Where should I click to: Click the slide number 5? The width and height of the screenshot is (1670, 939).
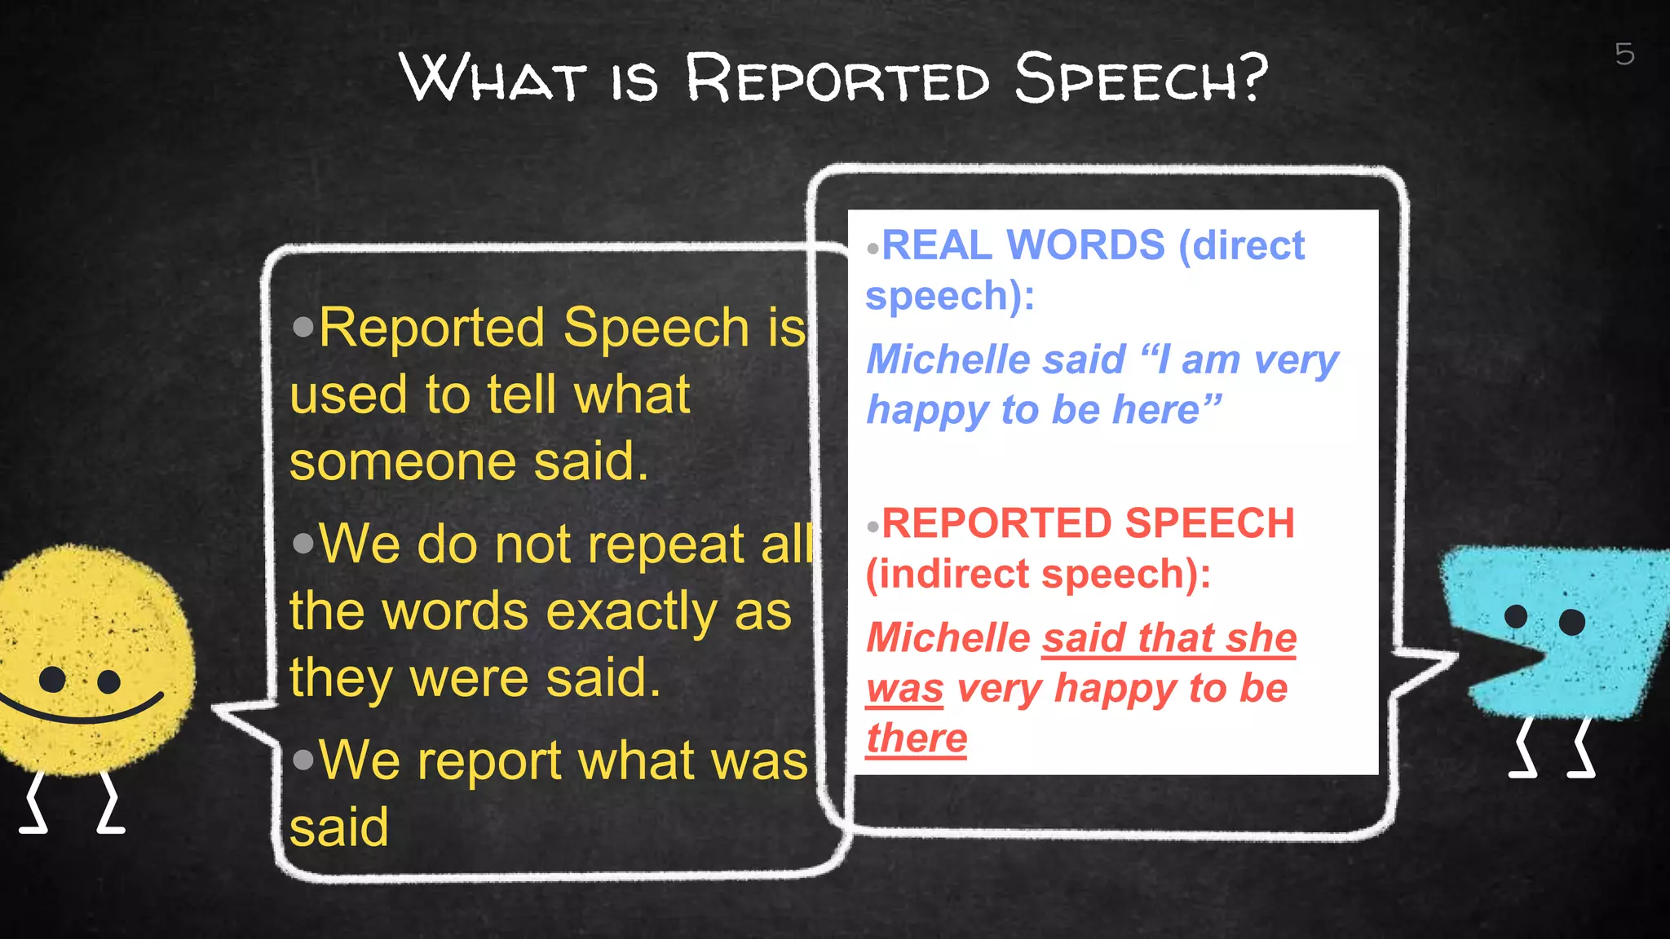click(x=1624, y=54)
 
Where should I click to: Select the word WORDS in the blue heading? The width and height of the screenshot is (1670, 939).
click(x=1086, y=245)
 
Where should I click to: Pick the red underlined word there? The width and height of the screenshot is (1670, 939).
click(x=917, y=738)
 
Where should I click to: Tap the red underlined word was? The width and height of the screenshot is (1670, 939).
click(x=905, y=689)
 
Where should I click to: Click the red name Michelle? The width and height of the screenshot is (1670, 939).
click(x=948, y=637)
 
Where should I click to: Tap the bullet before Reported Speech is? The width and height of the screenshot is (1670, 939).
click(x=303, y=328)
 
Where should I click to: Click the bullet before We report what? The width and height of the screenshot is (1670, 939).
click(x=303, y=760)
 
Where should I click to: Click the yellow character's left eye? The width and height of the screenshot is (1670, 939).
click(x=52, y=678)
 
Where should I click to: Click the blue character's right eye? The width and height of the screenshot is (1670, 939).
click(x=1571, y=622)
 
